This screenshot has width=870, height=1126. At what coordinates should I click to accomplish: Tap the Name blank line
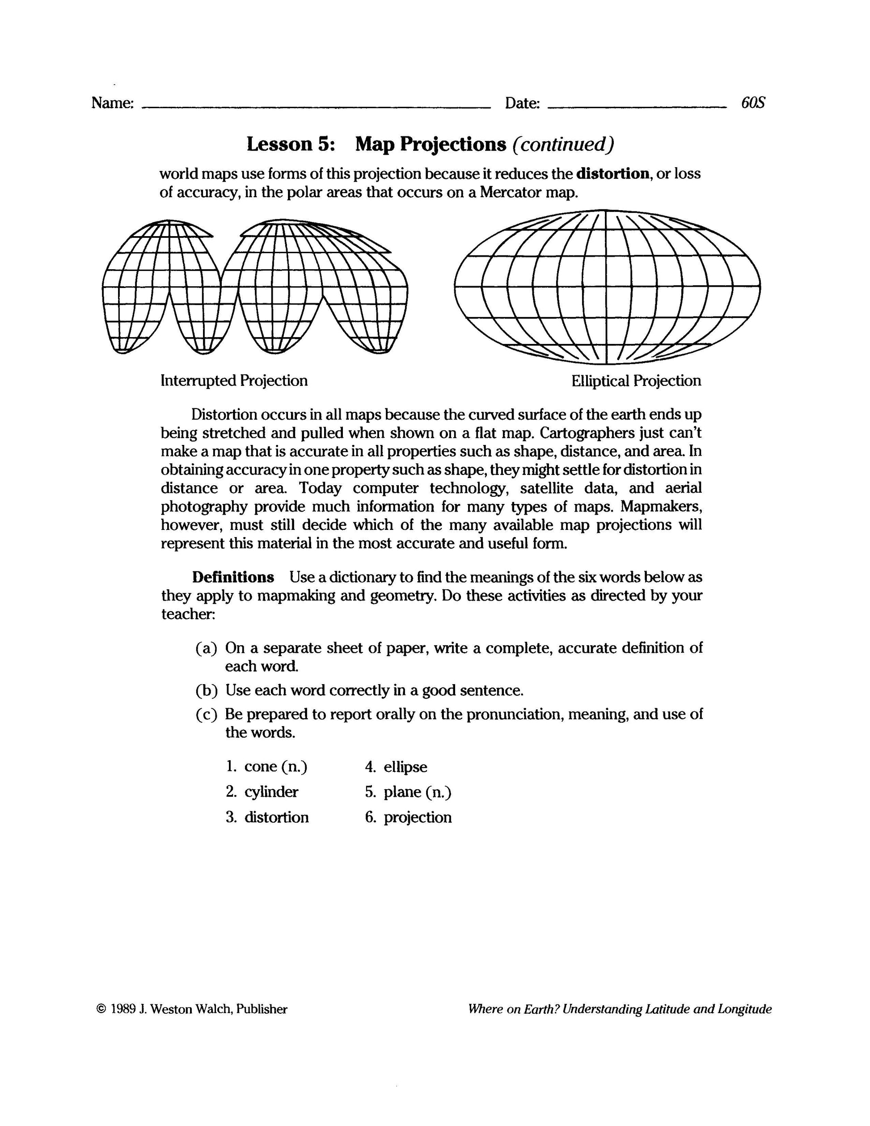[x=316, y=107]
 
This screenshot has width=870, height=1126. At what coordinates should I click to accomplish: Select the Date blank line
[x=637, y=107]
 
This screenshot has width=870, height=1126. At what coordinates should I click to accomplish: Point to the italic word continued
[x=563, y=144]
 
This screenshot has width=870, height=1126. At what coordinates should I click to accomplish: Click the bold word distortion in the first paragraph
[x=613, y=174]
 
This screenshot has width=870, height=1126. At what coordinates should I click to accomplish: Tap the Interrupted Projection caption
[x=234, y=381]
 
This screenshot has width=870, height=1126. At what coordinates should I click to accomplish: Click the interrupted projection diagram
[x=255, y=287]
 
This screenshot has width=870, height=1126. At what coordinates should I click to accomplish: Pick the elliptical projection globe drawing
[x=607, y=287]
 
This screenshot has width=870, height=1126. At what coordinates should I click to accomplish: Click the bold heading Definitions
[x=233, y=577]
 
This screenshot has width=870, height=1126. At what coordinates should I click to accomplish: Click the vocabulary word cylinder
[x=271, y=792]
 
